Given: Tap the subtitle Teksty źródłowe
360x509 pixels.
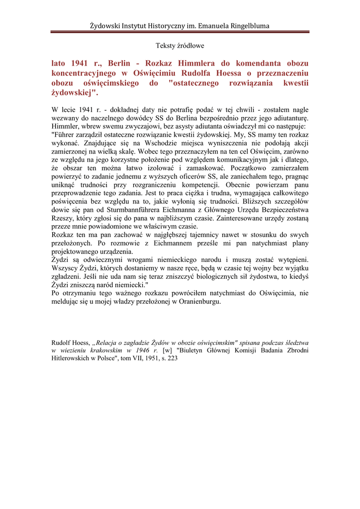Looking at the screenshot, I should (180, 46).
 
